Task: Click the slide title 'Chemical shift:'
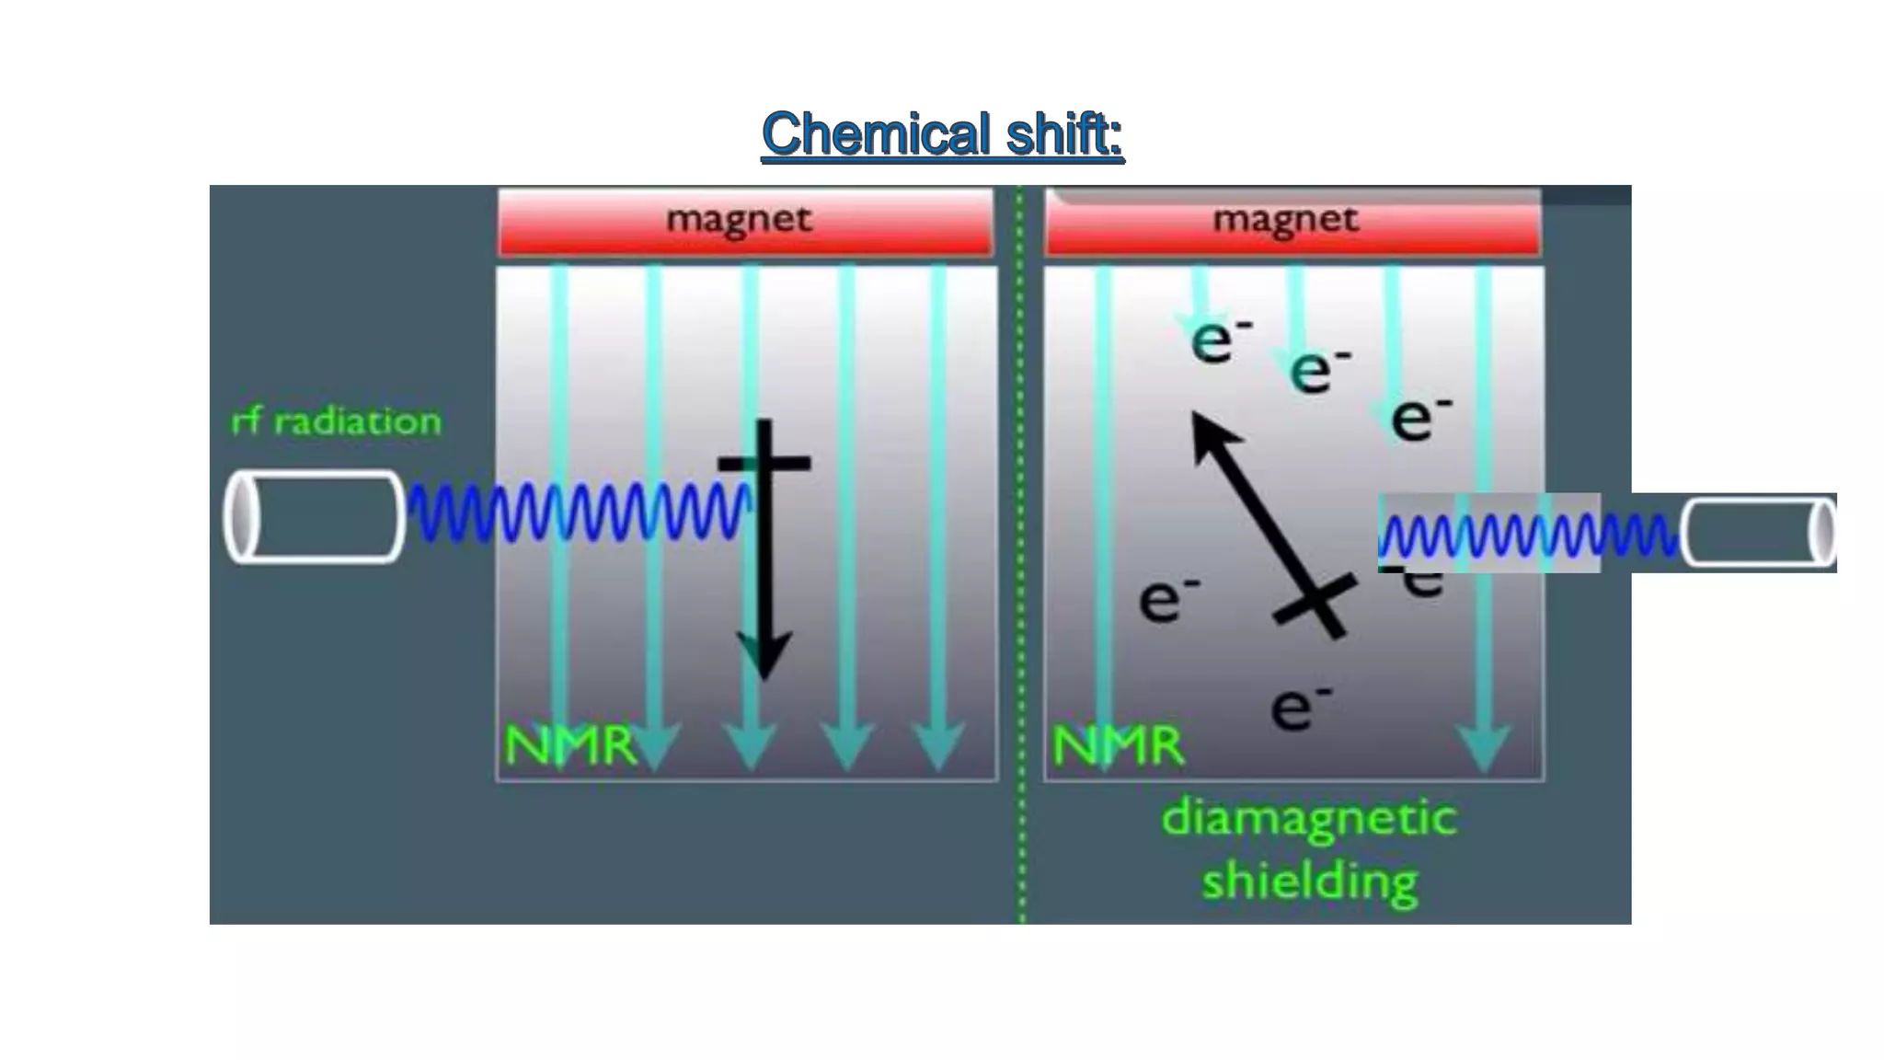click(942, 134)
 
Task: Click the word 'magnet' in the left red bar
click(739, 220)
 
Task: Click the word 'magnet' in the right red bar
click(1285, 220)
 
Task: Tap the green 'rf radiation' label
click(336, 422)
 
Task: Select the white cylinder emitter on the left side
click(314, 516)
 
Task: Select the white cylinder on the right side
click(1758, 533)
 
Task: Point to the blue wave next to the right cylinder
click(1527, 535)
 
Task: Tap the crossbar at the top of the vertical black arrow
click(764, 463)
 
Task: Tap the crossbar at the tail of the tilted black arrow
click(1315, 604)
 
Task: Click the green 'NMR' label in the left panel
click(570, 745)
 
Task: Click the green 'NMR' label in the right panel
click(1118, 745)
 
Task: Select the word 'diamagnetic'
click(1309, 818)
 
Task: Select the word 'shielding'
click(1309, 881)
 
